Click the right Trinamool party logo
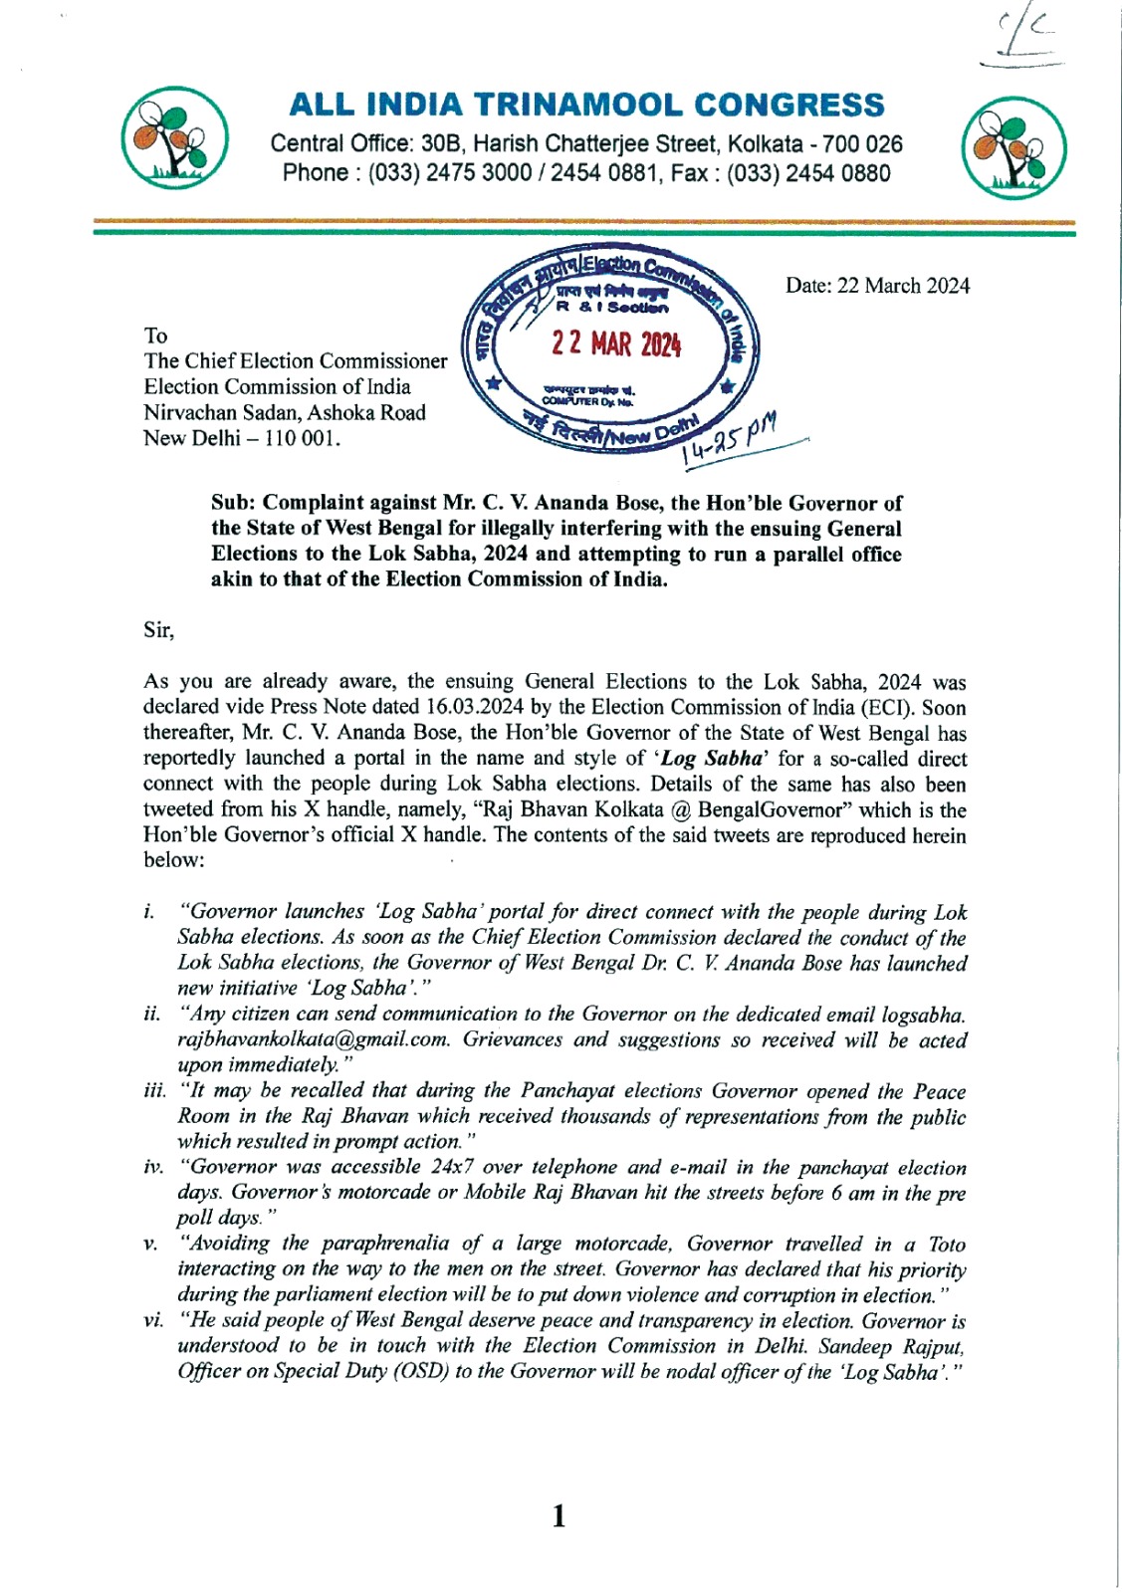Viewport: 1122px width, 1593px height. click(1013, 146)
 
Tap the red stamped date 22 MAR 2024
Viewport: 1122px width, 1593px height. click(616, 344)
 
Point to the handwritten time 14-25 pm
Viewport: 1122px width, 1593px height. click(729, 440)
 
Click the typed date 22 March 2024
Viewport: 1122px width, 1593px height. click(877, 286)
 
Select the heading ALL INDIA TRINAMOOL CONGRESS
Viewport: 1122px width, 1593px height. click(586, 105)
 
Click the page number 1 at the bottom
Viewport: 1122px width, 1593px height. click(559, 1516)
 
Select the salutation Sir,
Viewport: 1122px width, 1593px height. click(158, 630)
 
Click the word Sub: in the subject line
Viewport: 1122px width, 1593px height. click(233, 504)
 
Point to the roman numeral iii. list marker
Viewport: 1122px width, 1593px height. click(155, 1091)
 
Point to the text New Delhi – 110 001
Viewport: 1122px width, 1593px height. click(242, 439)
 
